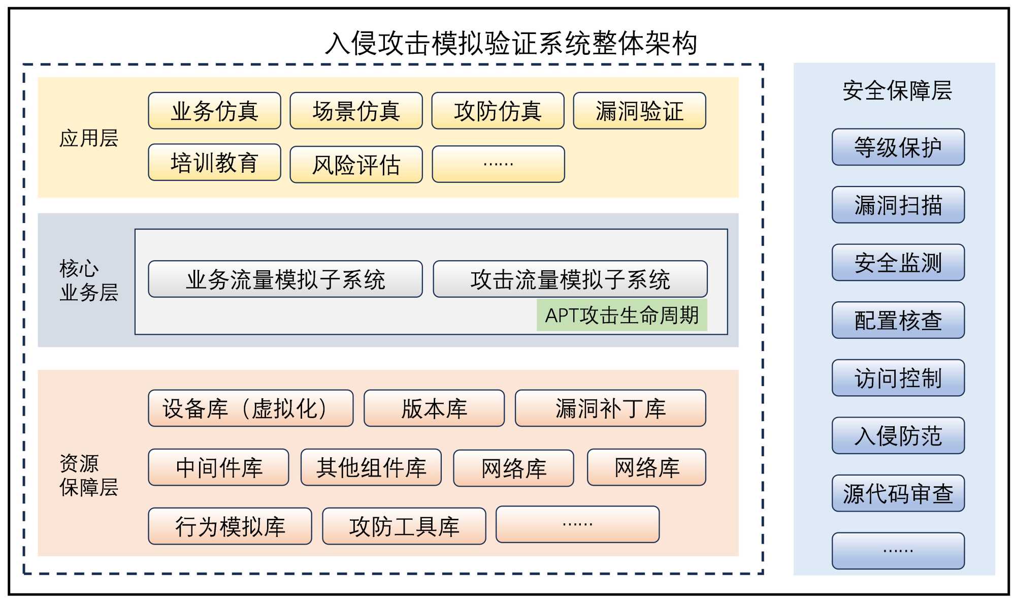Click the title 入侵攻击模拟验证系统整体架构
click(510, 43)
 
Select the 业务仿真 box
click(214, 111)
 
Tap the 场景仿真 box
click(356, 111)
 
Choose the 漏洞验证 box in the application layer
click(639, 111)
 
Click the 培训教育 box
click(214, 163)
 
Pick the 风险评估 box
click(356, 165)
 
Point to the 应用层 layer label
click(88, 138)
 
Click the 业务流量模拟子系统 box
click(285, 279)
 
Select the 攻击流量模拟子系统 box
click(570, 279)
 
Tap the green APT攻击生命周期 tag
click(621, 316)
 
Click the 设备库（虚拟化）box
click(250, 408)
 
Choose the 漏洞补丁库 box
click(610, 408)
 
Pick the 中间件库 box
click(218, 467)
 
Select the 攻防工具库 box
click(404, 526)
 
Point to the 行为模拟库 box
click(230, 526)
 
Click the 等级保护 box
click(898, 147)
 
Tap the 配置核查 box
click(898, 320)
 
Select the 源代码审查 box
click(898, 493)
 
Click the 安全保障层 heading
click(897, 91)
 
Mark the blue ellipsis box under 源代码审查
click(898, 551)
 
